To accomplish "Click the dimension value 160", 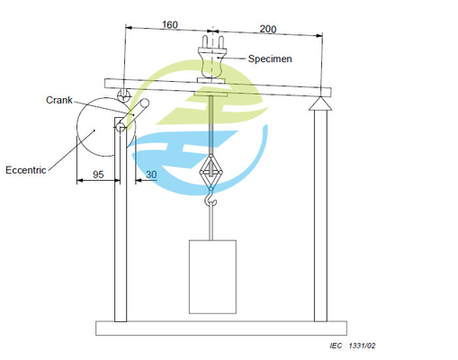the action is (x=170, y=24).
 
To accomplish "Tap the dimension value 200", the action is (x=268, y=29).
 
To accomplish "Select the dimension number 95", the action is (x=98, y=175).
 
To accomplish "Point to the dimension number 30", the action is (x=151, y=175).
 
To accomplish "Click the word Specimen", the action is (x=270, y=58).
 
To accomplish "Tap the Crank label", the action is (x=59, y=100).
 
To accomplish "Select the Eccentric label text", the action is (x=26, y=170).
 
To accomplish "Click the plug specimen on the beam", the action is (x=211, y=58).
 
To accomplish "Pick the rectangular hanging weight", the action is (x=212, y=276).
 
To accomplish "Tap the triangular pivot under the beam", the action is (x=320, y=103).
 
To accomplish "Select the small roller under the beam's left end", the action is (x=124, y=95).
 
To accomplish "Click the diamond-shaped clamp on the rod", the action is (x=211, y=172).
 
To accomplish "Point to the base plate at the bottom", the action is (x=221, y=328).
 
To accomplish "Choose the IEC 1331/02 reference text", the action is (x=353, y=346).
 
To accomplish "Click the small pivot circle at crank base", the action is (x=121, y=128).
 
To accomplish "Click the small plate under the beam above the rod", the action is (x=211, y=94).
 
